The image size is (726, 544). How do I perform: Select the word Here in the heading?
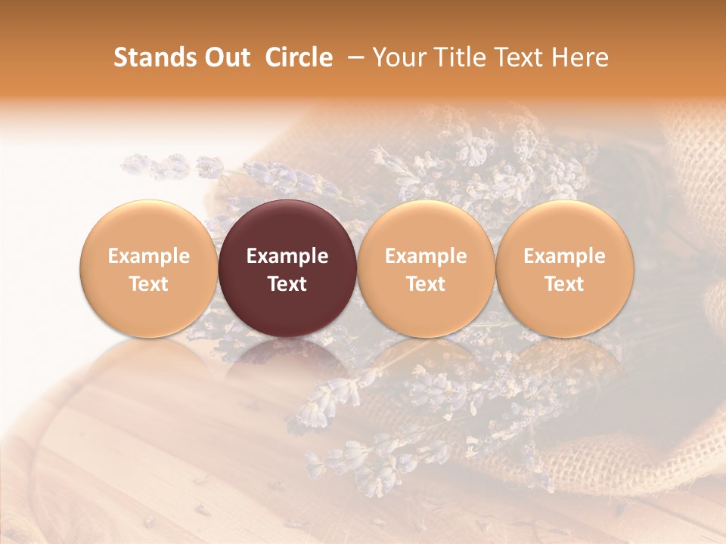[581, 57]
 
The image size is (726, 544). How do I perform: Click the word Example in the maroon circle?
[287, 256]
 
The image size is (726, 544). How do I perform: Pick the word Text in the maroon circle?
[287, 284]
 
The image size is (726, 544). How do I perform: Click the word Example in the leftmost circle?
[148, 256]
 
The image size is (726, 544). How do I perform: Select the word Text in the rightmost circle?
[564, 284]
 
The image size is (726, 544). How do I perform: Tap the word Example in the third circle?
[426, 256]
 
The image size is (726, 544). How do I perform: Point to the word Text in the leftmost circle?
[148, 284]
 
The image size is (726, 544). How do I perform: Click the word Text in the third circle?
[426, 284]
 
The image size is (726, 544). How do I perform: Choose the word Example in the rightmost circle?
[564, 256]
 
